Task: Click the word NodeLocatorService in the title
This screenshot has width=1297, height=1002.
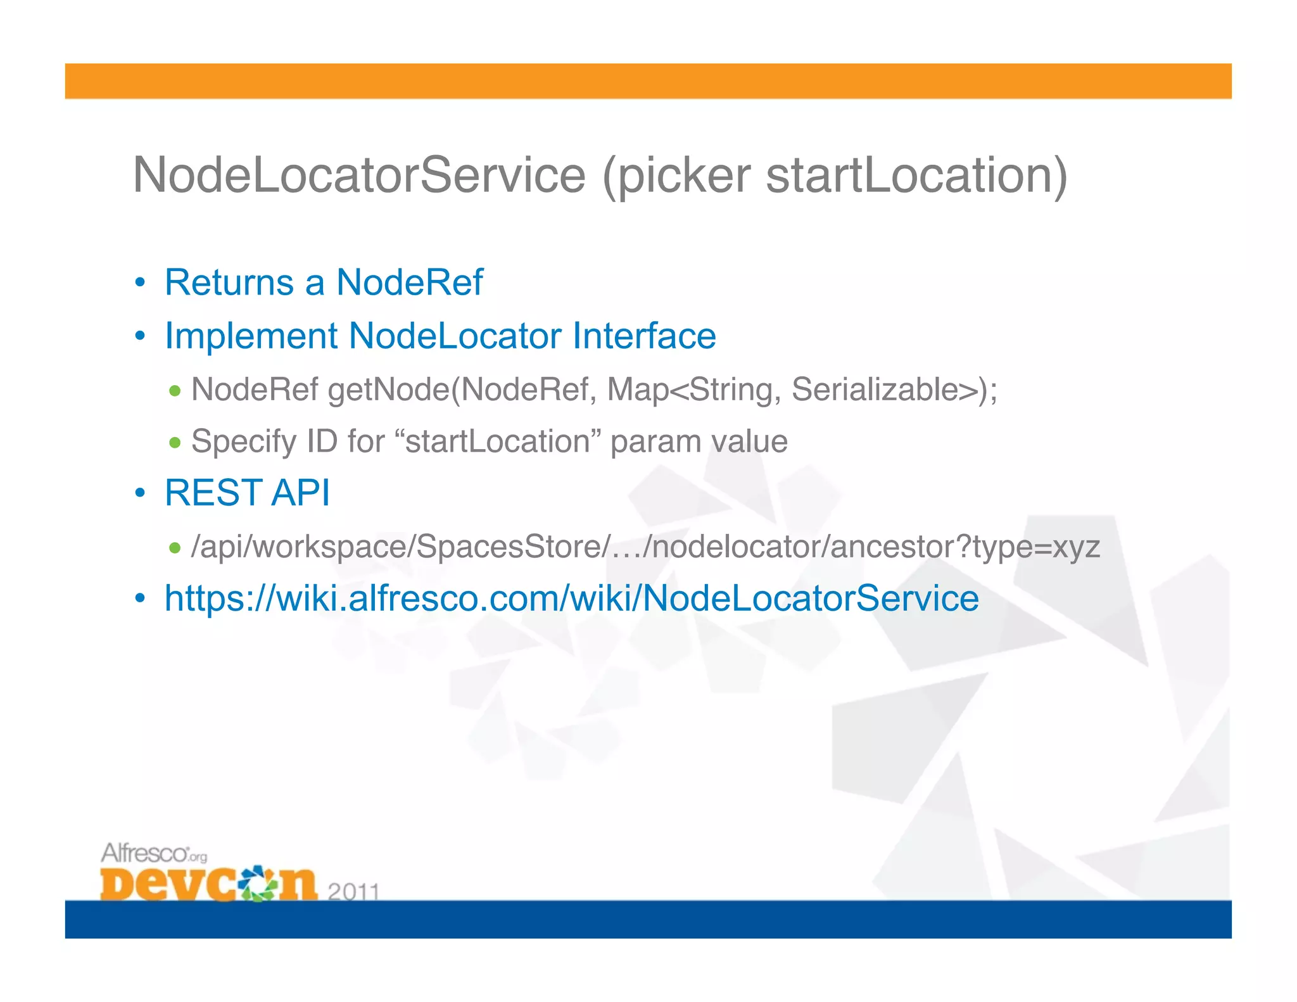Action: (x=359, y=175)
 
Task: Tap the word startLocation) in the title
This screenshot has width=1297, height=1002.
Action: (x=916, y=175)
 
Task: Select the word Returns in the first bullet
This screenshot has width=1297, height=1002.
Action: (x=229, y=282)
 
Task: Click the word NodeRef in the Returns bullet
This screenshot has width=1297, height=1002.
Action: (x=409, y=282)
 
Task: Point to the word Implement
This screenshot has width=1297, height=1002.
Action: (x=251, y=336)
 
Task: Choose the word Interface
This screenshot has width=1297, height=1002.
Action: (x=644, y=336)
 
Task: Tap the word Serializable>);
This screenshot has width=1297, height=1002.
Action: (x=894, y=389)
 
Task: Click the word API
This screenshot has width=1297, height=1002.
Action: (x=300, y=493)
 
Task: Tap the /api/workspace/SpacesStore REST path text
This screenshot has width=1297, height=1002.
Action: (x=645, y=546)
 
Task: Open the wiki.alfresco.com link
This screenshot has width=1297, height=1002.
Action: (x=571, y=598)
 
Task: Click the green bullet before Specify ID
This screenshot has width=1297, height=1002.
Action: (x=175, y=442)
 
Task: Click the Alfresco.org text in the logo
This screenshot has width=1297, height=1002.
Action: (x=154, y=854)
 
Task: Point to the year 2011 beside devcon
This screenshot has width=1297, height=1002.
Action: (x=353, y=892)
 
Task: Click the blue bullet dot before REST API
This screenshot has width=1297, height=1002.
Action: (x=141, y=493)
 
